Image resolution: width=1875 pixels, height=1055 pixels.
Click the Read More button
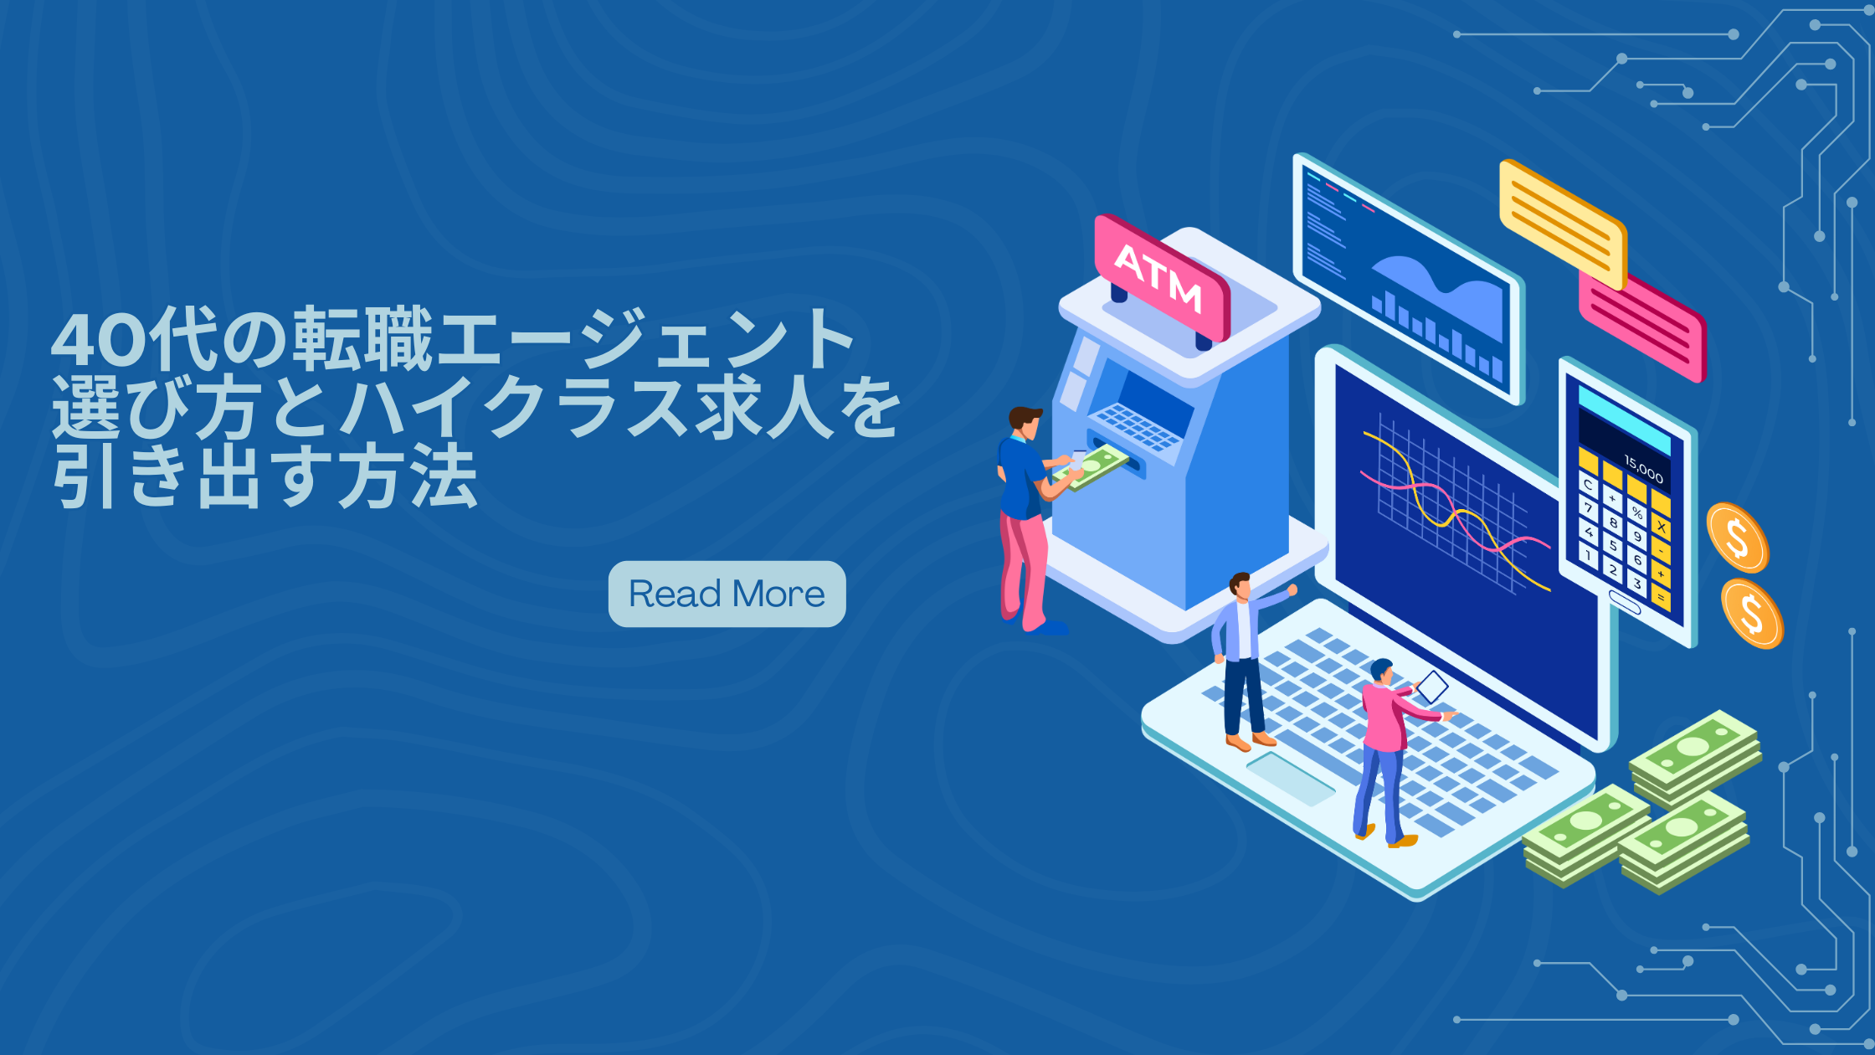pos(727,594)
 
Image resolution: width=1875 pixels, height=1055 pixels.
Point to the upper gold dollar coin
pos(1738,538)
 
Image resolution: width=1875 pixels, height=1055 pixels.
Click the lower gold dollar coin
pos(1752,613)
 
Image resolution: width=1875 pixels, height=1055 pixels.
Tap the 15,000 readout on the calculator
pos(1643,469)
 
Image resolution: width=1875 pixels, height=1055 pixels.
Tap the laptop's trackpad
pos(1291,778)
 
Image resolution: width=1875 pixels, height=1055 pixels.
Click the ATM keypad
pos(1137,426)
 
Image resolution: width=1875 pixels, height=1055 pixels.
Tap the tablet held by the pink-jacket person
pos(1431,687)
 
